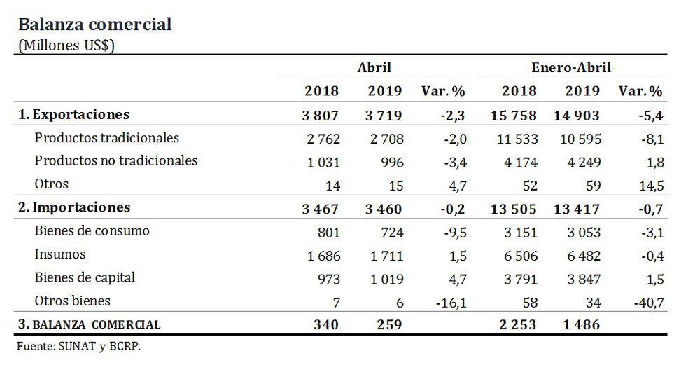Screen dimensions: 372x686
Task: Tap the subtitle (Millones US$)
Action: click(x=66, y=45)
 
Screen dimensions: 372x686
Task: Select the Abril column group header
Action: click(x=374, y=68)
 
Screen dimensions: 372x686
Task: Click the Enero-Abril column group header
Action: click(x=571, y=68)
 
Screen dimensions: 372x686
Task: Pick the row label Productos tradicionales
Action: click(x=106, y=138)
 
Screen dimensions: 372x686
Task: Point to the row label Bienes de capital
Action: click(x=85, y=277)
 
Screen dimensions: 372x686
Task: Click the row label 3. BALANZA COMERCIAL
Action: click(x=89, y=324)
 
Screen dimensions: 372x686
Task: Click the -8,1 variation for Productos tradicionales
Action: click(x=649, y=139)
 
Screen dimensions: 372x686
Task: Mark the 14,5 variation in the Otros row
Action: click(x=647, y=185)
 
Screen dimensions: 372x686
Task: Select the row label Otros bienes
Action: click(x=72, y=301)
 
